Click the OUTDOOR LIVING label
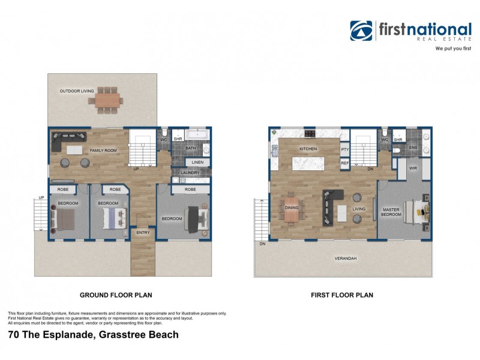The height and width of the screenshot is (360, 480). (x=76, y=91)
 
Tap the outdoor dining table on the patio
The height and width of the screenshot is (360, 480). (x=107, y=98)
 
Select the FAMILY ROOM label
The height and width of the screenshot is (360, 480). (x=103, y=151)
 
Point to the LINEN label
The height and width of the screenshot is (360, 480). (x=197, y=162)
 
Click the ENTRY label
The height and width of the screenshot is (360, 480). (x=143, y=232)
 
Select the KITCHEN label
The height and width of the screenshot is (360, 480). (x=308, y=149)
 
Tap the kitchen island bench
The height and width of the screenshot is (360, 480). (x=308, y=163)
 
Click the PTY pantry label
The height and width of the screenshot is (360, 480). (x=344, y=149)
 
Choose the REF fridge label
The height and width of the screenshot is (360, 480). (x=344, y=163)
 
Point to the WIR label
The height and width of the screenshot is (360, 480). (x=413, y=169)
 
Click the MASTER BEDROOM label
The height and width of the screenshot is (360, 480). (x=391, y=212)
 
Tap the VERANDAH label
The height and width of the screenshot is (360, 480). (x=345, y=259)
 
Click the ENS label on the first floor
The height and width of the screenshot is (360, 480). (x=413, y=147)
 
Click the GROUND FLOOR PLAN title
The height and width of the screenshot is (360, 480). (x=116, y=295)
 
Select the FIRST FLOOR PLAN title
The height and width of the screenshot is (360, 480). (x=342, y=295)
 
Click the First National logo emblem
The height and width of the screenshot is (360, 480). (x=361, y=31)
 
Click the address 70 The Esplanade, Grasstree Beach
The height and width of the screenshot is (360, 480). (x=93, y=335)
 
